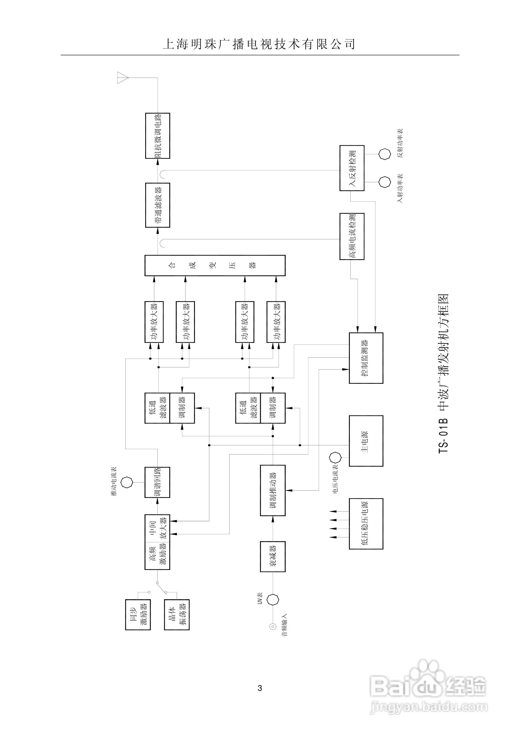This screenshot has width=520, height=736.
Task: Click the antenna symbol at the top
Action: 123,78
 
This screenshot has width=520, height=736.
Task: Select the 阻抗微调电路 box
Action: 157,135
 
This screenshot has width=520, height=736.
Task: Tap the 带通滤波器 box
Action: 157,205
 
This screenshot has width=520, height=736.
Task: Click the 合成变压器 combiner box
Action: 215,266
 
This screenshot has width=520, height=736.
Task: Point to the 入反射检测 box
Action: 352,168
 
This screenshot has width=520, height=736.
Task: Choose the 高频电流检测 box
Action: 352,236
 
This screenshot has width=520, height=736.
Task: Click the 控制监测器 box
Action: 366,358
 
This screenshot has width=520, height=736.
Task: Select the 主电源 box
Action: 366,441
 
